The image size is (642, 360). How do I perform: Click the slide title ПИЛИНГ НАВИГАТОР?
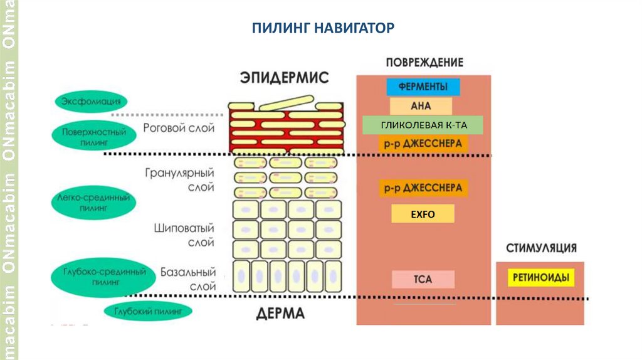[x=322, y=28]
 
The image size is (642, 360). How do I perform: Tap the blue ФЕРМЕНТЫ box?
[x=423, y=87]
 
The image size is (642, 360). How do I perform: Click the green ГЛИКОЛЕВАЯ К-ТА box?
[x=423, y=125]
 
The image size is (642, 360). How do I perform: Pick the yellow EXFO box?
[x=423, y=214]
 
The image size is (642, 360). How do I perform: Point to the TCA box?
[x=423, y=279]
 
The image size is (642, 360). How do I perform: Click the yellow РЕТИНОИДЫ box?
[x=540, y=277]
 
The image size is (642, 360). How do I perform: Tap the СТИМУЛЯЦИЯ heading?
[x=541, y=248]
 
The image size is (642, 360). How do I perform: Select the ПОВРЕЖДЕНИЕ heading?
[x=424, y=63]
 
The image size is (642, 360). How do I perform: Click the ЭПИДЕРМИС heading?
[x=284, y=78]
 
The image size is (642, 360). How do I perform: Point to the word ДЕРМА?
[x=280, y=314]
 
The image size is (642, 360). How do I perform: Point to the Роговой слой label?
[x=179, y=128]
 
